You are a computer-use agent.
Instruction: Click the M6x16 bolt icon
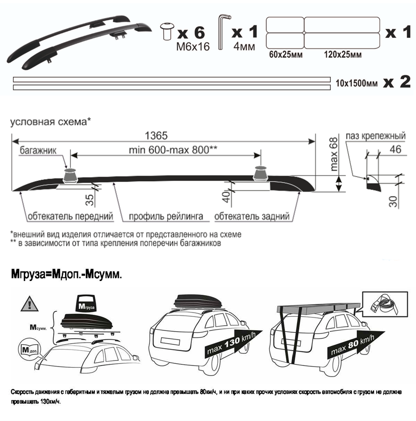click(167, 31)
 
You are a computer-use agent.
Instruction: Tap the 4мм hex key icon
click(224, 32)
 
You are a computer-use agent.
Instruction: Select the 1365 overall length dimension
click(156, 136)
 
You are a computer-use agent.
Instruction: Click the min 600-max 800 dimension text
click(173, 150)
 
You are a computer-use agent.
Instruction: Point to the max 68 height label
click(334, 154)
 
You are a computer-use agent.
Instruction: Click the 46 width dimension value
click(395, 149)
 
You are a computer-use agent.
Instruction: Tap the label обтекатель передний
click(70, 216)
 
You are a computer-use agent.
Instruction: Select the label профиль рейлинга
click(166, 216)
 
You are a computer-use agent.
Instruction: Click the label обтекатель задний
click(252, 216)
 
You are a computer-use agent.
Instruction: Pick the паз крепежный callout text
click(375, 136)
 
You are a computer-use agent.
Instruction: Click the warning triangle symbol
click(30, 304)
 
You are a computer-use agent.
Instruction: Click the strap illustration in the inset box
click(385, 305)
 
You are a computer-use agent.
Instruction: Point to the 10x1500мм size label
click(356, 84)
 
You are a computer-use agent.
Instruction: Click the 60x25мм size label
click(286, 54)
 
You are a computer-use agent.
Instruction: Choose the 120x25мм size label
click(343, 54)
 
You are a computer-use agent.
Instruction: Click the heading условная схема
click(51, 122)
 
